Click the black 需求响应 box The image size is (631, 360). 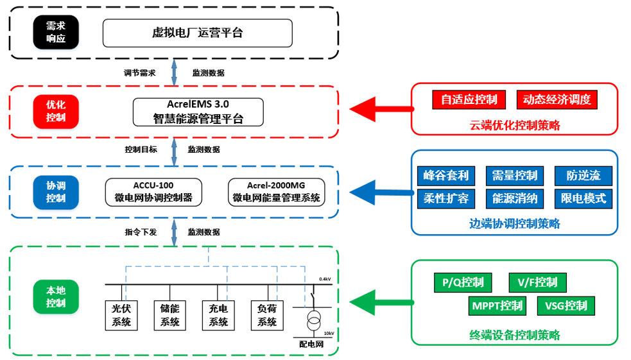point(56,32)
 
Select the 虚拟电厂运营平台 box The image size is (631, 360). point(197,33)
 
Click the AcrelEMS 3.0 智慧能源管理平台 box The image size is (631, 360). point(198,112)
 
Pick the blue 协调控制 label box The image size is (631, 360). point(56,191)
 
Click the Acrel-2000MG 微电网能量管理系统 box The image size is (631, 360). point(276,192)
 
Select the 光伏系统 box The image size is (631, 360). point(121,314)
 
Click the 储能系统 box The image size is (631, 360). point(170,314)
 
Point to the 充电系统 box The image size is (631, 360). point(218,314)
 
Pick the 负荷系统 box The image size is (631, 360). point(266,314)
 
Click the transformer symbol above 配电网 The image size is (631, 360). point(313,320)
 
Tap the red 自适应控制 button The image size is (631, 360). point(469,99)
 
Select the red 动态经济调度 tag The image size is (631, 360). point(557,99)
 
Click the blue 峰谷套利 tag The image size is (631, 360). point(446,175)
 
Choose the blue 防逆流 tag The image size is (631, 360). point(583,175)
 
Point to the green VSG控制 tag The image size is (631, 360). point(566,305)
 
